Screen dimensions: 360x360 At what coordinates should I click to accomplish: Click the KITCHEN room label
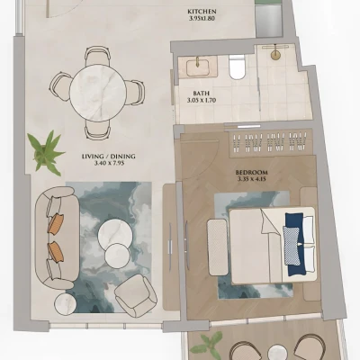(x=202, y=12)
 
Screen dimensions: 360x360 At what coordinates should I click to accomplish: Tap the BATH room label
(x=202, y=94)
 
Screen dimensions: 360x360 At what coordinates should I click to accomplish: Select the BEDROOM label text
(x=251, y=173)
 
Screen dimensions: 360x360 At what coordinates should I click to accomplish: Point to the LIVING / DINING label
(x=109, y=157)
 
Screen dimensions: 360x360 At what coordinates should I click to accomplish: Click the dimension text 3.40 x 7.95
(x=109, y=163)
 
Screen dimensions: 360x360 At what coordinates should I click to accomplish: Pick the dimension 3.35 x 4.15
(x=252, y=179)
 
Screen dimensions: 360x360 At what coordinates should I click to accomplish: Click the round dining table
(x=98, y=93)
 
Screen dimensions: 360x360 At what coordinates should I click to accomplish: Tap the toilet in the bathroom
(x=237, y=67)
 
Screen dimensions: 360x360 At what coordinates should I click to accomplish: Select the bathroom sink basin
(x=197, y=67)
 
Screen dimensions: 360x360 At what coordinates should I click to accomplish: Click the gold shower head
(x=275, y=55)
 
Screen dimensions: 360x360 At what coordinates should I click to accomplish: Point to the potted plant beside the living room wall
(x=46, y=153)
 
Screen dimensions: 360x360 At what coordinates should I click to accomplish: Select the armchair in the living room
(x=136, y=295)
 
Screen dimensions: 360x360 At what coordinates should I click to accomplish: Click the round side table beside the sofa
(x=66, y=304)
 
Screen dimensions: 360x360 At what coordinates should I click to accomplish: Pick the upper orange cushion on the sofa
(x=56, y=223)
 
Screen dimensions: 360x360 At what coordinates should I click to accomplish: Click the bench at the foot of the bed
(x=218, y=247)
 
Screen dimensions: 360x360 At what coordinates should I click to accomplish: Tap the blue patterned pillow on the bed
(x=292, y=246)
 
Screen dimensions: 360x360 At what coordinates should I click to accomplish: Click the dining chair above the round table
(x=97, y=56)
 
